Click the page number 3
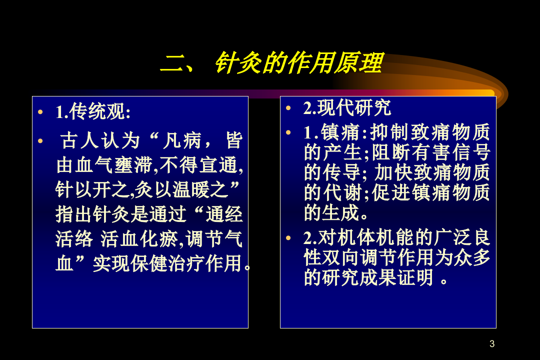click(492, 344)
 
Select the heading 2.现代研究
click(347, 107)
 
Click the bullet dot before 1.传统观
click(40, 112)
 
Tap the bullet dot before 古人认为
click(40, 141)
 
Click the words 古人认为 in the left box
click(100, 141)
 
